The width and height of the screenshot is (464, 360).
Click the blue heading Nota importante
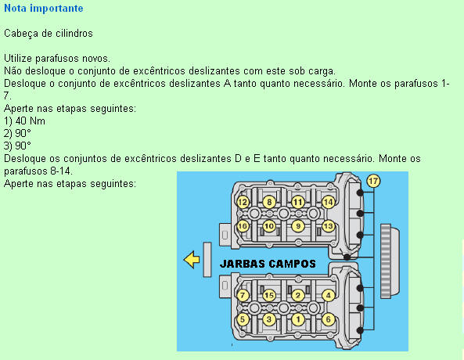(x=44, y=9)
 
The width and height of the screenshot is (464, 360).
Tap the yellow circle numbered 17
(x=373, y=181)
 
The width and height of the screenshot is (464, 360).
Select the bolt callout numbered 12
(x=243, y=203)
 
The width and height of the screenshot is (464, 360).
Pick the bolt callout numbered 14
(x=328, y=203)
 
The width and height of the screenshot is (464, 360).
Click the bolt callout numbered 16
(x=243, y=226)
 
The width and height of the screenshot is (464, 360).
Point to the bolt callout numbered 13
(x=328, y=226)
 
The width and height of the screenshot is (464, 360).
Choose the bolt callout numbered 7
(x=243, y=296)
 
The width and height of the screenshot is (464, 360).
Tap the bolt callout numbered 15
(x=269, y=296)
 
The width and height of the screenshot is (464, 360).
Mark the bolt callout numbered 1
(x=298, y=319)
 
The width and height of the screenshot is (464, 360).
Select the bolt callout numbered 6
(x=328, y=319)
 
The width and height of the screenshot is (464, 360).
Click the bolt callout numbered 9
(x=298, y=226)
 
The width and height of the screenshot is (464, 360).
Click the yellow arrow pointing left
(x=192, y=260)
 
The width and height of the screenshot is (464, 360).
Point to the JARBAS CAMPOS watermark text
(x=268, y=264)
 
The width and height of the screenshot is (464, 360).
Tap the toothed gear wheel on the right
(x=390, y=261)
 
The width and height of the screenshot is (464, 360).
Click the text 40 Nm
(x=31, y=121)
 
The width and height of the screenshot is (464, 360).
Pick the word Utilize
(x=18, y=59)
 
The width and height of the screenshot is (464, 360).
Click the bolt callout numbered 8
(x=269, y=203)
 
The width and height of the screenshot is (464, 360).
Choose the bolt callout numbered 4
(x=328, y=296)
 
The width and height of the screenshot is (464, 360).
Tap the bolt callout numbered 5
(x=243, y=319)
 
